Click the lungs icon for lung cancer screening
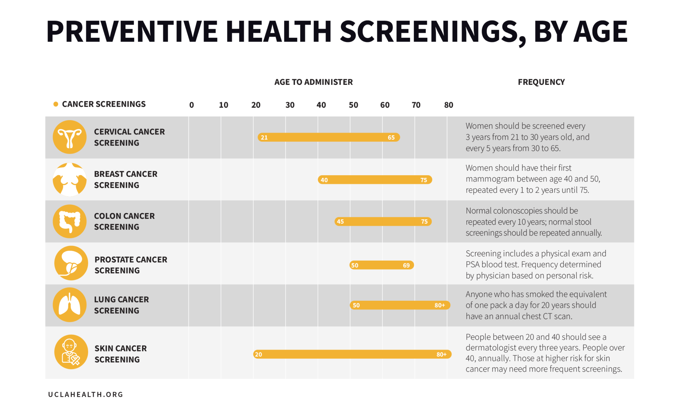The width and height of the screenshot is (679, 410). pos(70,305)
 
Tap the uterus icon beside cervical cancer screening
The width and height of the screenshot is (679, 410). pos(70,137)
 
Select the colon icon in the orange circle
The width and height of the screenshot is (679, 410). pos(70,221)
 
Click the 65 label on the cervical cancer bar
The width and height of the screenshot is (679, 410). pos(391,137)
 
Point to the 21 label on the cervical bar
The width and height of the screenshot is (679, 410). pos(264,137)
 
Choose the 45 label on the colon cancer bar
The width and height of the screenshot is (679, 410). pos(340,222)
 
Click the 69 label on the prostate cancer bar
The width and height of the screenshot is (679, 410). pos(406,265)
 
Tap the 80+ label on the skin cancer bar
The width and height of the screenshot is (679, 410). pos(441,354)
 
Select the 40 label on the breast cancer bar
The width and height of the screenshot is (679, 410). pos(324,180)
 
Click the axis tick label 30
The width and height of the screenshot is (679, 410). pos(290,105)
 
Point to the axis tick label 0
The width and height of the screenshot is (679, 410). pos(192,105)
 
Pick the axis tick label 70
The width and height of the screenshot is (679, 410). pos(416,105)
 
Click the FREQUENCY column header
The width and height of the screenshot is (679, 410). pos(541,82)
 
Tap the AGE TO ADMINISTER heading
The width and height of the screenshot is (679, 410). pos(313,82)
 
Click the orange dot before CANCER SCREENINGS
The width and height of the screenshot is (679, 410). pos(56,104)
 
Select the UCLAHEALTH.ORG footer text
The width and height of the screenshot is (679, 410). pos(86,394)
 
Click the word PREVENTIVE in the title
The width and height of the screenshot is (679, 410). pos(132,32)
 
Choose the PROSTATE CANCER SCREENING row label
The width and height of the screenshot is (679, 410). pos(131,265)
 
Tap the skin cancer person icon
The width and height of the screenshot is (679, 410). pos(71,352)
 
